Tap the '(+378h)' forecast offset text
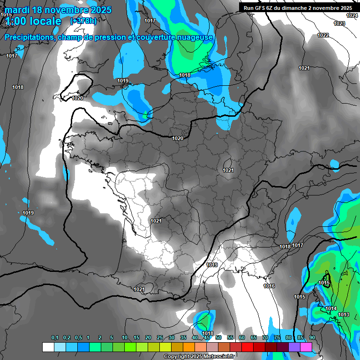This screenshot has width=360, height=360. coord(83,21)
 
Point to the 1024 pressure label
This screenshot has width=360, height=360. coord(352,15)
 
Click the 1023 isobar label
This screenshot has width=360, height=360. coord(339,23)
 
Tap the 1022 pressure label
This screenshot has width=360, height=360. coord(323,35)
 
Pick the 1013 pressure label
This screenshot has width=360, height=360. coord(344,315)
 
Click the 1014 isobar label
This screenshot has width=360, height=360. coord(331,308)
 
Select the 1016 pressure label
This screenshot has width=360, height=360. coord(269,286)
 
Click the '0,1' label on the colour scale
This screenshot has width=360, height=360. coord(55,338)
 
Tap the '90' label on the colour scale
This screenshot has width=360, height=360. coord(312,338)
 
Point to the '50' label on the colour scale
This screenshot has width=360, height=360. coord(218,338)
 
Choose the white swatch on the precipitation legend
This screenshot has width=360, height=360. coord(48,347)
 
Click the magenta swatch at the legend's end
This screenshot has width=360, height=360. coord(306,347)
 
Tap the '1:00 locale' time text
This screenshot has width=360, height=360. coord(33,21)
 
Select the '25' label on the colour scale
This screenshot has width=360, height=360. coord(160,338)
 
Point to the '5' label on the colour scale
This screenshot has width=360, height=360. coord(111,338)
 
